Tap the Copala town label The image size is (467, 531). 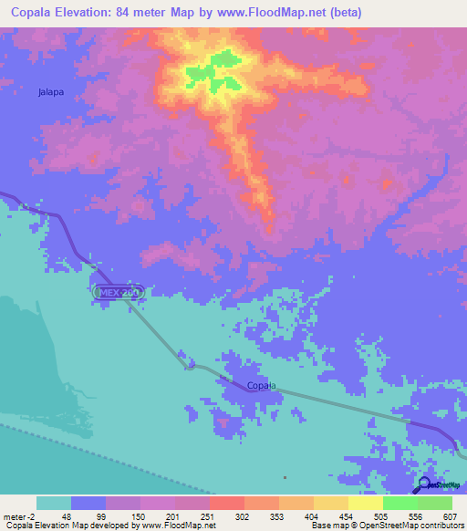point(261,386)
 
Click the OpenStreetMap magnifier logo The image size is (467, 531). point(425,486)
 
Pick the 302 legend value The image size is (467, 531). point(244,516)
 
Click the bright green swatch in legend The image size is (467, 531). point(400,503)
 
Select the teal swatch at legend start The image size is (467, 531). point(54,503)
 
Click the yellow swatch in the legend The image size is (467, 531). point(365,503)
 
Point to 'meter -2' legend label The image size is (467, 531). point(19,516)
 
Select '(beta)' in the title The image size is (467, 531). point(348,13)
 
